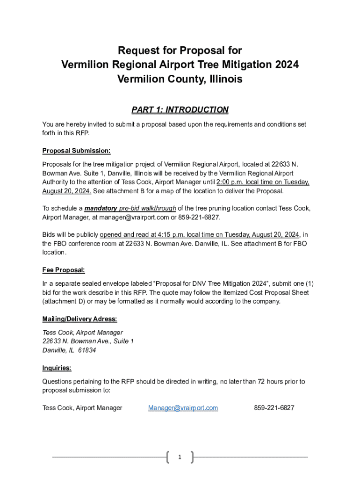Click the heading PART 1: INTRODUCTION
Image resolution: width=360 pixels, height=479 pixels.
tap(180, 110)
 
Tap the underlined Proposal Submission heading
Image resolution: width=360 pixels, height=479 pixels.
tap(76, 151)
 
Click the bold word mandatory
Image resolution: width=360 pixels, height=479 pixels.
tap(101, 209)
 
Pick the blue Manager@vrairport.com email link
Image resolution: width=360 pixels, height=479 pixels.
tap(183, 408)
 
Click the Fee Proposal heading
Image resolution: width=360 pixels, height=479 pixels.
tap(63, 270)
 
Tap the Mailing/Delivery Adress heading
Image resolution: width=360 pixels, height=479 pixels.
tap(79, 319)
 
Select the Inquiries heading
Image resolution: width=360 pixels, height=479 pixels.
tap(57, 368)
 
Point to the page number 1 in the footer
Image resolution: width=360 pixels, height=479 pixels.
tap(180, 457)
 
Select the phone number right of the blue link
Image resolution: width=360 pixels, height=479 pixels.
tap(274, 408)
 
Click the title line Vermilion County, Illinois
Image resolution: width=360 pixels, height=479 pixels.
tap(180, 79)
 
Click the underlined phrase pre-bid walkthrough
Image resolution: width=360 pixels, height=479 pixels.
tap(148, 209)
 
